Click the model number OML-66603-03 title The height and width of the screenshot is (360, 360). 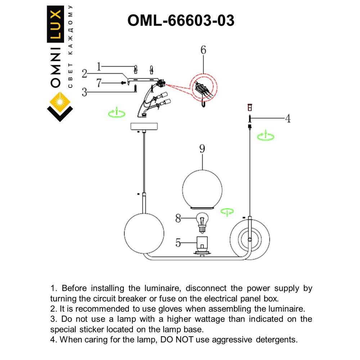(x=181, y=21)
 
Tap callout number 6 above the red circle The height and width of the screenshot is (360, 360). (x=203, y=50)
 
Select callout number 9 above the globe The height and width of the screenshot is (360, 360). (x=202, y=149)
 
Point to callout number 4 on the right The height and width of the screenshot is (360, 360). (x=288, y=118)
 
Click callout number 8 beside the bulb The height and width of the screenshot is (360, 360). (x=178, y=218)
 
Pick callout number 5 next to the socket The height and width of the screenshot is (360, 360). (x=178, y=243)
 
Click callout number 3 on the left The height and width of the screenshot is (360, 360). (x=84, y=92)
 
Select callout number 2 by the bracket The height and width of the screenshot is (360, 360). (x=84, y=74)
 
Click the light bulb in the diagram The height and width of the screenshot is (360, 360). (x=202, y=221)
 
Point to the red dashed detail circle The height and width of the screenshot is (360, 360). (x=203, y=88)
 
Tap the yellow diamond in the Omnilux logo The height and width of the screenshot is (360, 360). (x=60, y=102)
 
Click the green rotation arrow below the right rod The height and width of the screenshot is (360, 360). (x=265, y=136)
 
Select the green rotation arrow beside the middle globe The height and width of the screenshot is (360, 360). (x=227, y=212)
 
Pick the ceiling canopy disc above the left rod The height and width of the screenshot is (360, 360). (x=144, y=127)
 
